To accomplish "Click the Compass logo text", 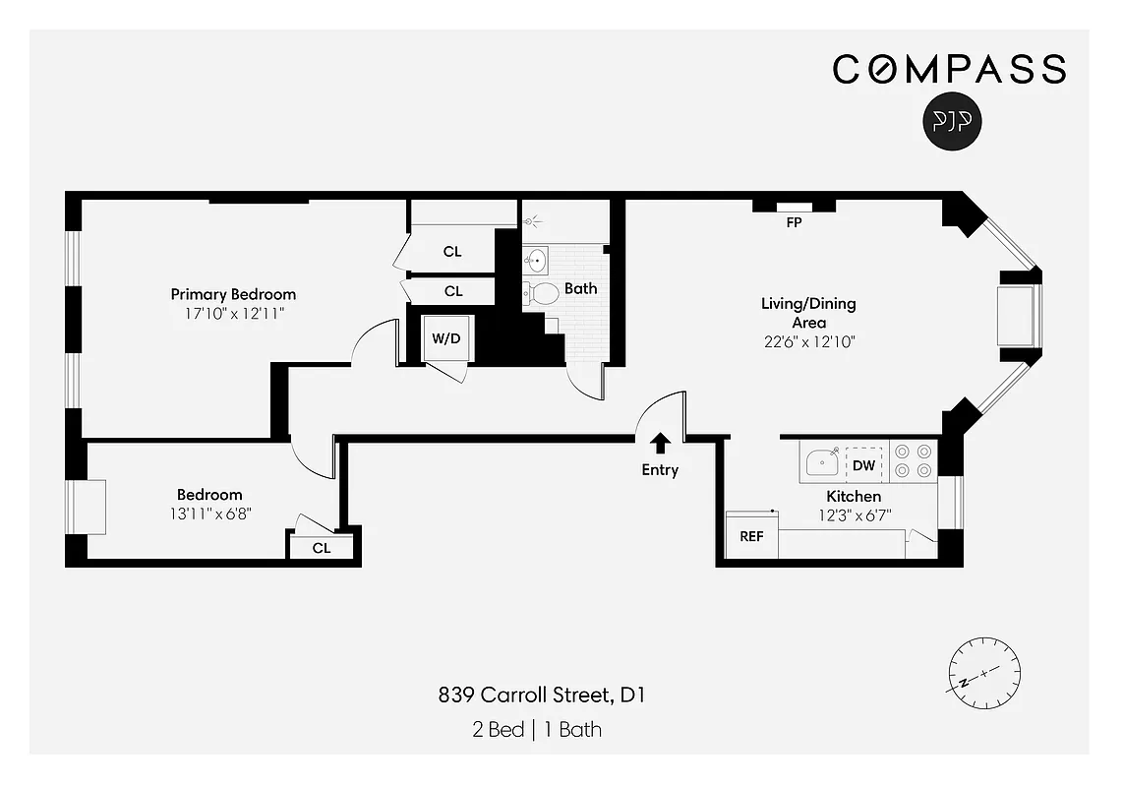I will coord(949,69).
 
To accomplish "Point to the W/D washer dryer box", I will coord(446,338).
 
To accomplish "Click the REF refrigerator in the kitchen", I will coord(751,537).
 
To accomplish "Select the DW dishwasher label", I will coord(863,464).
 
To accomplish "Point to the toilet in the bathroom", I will coord(540,292).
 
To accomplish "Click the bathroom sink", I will coord(536,261).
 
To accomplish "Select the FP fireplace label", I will coord(794,223).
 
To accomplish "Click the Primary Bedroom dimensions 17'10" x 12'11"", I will coord(233,314).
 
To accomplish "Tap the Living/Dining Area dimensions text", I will coord(808,342).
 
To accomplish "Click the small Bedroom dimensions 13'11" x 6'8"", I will coord(209,513).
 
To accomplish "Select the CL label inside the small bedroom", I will coord(322,548).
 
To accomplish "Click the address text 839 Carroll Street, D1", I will coord(541,696).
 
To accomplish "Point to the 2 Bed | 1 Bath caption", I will coord(536,729).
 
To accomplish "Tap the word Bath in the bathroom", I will coord(580,288).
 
